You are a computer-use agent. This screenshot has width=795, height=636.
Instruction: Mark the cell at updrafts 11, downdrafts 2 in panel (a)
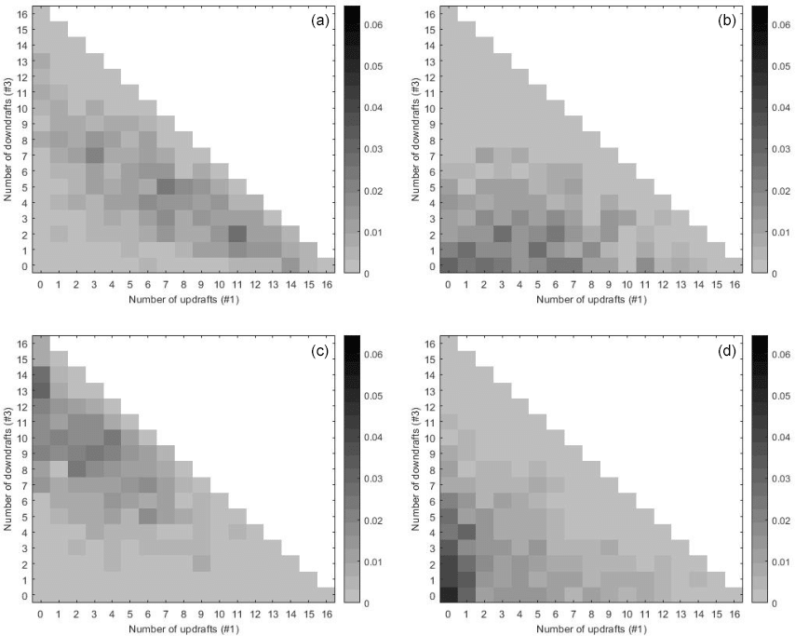[x=236, y=233]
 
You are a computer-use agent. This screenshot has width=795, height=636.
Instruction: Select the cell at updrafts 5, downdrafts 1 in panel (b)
[x=536, y=249]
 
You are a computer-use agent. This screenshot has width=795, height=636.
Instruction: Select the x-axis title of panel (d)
[x=591, y=629]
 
